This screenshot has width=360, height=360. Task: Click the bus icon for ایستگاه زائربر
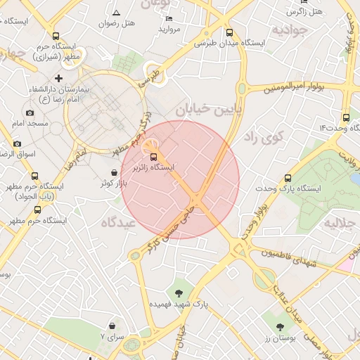pos(154,156)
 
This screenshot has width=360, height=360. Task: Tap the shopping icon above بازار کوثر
pos(114,172)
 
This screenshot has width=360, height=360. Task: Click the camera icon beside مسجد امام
pos(30,112)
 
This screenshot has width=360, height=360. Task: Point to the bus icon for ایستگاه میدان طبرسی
pos(229,32)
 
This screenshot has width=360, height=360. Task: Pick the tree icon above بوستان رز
pos(281,327)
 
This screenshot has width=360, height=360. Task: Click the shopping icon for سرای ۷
pos(112,326)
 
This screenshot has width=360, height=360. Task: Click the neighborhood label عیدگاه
pos(117,222)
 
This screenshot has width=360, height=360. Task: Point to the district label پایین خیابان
pos(208,109)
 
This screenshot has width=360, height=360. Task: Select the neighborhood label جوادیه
pos(290,30)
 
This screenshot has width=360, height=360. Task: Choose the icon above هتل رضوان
pos(116,13)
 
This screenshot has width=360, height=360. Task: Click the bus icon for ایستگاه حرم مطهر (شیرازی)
pos(56,36)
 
